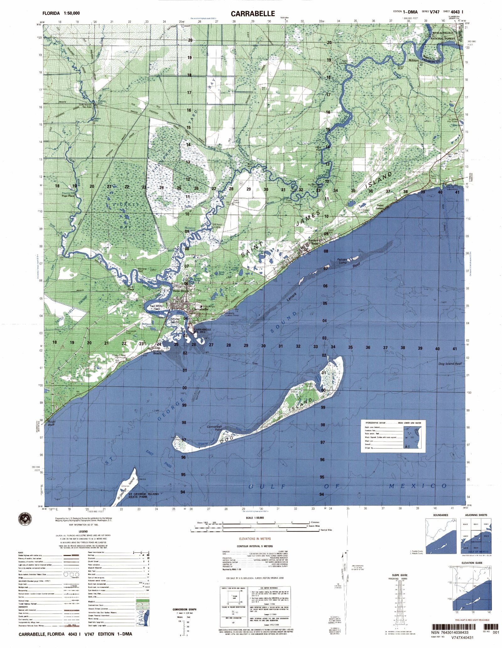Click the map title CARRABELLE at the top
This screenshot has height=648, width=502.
pos(253,13)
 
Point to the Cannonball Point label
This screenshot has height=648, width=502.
pos(214,428)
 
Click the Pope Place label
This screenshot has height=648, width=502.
pos(68,195)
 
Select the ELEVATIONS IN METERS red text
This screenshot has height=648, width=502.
pos(254,538)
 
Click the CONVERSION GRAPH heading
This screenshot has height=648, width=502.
pos(184,610)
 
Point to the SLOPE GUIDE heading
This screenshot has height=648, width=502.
pos(398,575)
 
